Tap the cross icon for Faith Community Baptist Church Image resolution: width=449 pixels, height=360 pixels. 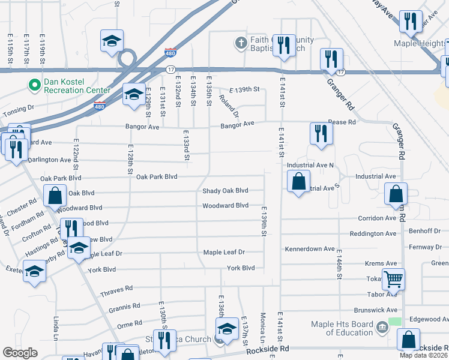click(x=240, y=43)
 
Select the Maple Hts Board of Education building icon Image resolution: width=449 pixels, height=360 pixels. click(x=382, y=328)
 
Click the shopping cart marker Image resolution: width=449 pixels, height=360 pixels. click(x=394, y=278)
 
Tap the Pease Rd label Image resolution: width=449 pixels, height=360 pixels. click(x=342, y=122)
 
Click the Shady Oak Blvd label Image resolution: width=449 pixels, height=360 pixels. click(x=225, y=191)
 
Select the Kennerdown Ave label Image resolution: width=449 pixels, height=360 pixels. click(x=310, y=248)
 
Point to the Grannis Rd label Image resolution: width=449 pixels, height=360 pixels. click(x=125, y=309)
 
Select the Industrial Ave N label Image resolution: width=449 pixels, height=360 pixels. click(x=310, y=165)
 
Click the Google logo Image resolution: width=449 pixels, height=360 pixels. click(x=20, y=353)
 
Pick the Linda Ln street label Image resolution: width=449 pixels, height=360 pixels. click(x=56, y=328)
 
